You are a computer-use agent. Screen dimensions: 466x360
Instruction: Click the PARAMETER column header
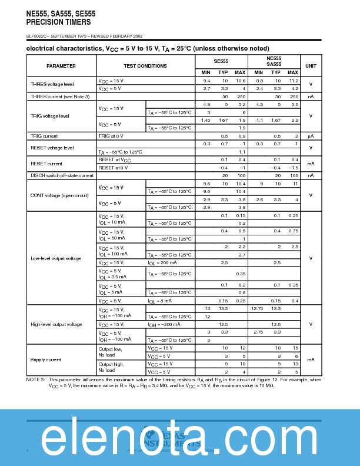(x=61, y=66)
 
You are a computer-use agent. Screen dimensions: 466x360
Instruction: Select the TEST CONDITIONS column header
(x=145, y=66)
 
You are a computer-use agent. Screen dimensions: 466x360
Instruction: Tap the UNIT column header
(x=310, y=66)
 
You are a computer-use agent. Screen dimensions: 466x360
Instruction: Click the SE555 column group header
(x=221, y=61)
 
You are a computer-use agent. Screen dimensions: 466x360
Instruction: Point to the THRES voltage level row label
(x=52, y=84)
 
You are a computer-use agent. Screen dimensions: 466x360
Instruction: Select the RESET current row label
(x=46, y=164)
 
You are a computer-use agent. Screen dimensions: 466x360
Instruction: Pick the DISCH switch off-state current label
(x=62, y=175)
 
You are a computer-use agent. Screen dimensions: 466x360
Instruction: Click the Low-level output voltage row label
(x=56, y=258)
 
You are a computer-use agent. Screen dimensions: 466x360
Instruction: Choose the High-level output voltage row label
(x=56, y=324)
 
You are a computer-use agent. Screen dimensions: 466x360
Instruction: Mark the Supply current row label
(x=46, y=360)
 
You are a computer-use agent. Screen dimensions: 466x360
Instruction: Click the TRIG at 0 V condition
(x=113, y=136)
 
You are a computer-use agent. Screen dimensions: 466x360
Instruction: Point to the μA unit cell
(x=310, y=136)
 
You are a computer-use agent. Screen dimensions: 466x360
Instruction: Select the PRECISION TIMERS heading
(x=58, y=22)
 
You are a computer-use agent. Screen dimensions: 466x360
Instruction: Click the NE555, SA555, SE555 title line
(x=61, y=13)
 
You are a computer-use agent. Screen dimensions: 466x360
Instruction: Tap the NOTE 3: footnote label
(x=36, y=380)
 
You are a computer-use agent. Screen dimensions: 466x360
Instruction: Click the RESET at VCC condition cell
(x=115, y=159)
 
